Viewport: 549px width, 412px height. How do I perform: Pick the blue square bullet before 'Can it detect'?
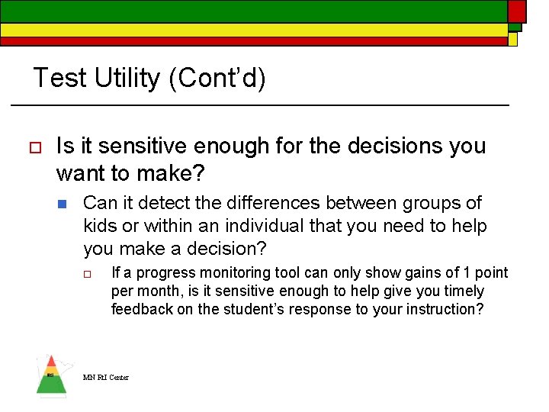click(x=63, y=204)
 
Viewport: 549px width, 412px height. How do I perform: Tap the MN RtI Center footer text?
click(x=106, y=377)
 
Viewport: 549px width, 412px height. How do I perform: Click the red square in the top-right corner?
click(x=517, y=10)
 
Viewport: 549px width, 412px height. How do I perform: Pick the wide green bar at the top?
click(x=252, y=10)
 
